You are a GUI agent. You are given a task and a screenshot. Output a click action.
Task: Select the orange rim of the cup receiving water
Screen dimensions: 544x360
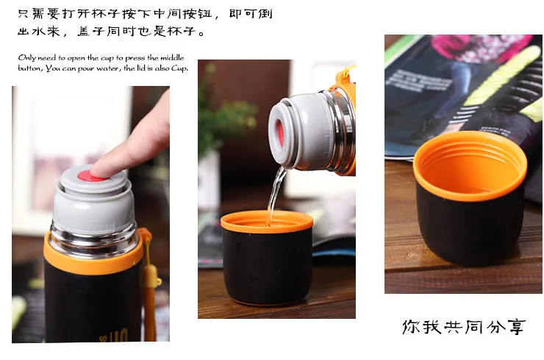267,223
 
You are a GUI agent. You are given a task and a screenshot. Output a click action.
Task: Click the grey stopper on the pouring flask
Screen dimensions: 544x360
298,131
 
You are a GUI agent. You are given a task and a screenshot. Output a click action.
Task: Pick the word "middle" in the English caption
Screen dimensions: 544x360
172,57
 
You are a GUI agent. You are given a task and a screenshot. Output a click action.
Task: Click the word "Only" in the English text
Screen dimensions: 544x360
27,58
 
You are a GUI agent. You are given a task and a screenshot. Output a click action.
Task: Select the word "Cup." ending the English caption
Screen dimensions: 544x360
179,68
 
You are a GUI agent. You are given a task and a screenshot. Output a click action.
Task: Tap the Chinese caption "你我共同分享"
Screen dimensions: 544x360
464,327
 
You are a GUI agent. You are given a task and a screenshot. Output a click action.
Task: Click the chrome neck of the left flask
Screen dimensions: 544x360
93,240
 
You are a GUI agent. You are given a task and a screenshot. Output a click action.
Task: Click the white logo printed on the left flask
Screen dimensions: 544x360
115,335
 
